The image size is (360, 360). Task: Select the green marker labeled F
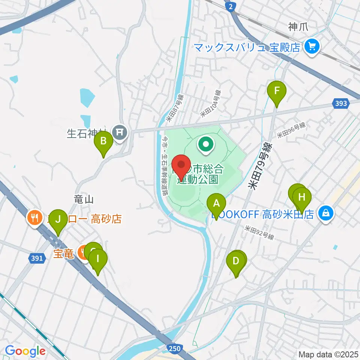[277, 91]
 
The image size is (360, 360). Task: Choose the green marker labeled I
[98, 259]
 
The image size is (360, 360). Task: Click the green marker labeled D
[236, 261]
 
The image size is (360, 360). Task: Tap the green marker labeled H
[302, 196]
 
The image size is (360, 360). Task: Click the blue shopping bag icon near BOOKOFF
[326, 213]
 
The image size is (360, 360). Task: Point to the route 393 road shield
[341, 103]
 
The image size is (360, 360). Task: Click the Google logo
[25, 351]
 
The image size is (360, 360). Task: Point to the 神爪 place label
[298, 27]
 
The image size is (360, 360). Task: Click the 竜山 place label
[83, 199]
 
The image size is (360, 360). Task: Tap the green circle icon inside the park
[206, 144]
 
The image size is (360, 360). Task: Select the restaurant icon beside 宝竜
[83, 252]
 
